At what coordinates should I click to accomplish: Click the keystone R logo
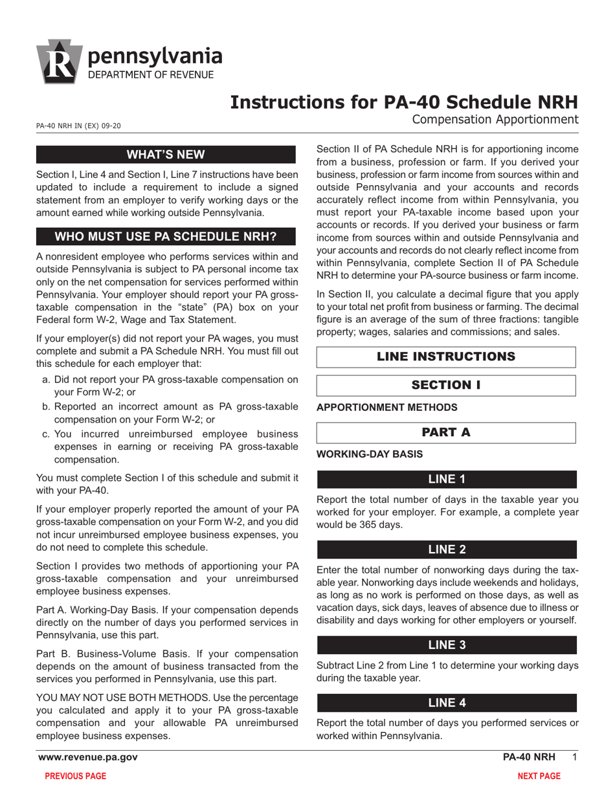pyautogui.click(x=59, y=61)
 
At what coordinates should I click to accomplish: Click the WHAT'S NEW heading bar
pyautogui.click(x=166, y=155)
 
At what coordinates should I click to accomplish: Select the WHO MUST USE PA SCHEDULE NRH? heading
pyautogui.click(x=166, y=236)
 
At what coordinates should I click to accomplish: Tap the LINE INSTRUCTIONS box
pyautogui.click(x=446, y=357)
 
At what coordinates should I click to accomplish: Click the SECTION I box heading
pyautogui.click(x=446, y=385)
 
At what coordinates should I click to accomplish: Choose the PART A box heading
pyautogui.click(x=446, y=432)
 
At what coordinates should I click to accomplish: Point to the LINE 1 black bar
pyautogui.click(x=446, y=479)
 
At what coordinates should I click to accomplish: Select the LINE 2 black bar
pyautogui.click(x=446, y=549)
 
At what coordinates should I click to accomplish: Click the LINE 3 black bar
pyautogui.click(x=446, y=645)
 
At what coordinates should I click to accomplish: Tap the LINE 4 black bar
pyautogui.click(x=446, y=703)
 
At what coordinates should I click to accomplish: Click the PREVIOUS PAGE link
pyautogui.click(x=75, y=776)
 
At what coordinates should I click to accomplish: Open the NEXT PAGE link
pyautogui.click(x=539, y=776)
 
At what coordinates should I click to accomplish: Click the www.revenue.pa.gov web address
pyautogui.click(x=87, y=757)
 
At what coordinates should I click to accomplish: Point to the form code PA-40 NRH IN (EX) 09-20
pyautogui.click(x=78, y=126)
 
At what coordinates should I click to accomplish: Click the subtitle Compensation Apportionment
pyautogui.click(x=495, y=119)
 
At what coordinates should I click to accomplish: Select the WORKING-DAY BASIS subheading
pyautogui.click(x=370, y=454)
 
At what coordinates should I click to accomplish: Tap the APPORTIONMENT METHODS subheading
pyautogui.click(x=386, y=407)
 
